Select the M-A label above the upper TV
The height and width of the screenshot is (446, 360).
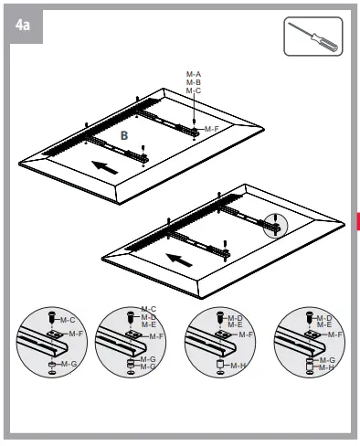(193, 73)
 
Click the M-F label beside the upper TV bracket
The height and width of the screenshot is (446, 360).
(211, 129)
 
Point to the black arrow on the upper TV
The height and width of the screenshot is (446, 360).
(106, 167)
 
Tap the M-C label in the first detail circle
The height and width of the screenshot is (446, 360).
(67, 320)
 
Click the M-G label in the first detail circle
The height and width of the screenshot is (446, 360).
(67, 365)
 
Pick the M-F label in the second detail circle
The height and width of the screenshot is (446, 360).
(156, 336)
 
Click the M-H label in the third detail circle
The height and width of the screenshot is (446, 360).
(238, 366)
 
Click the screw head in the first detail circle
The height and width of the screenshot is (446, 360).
(52, 319)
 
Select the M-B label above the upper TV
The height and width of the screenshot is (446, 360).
(193, 82)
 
